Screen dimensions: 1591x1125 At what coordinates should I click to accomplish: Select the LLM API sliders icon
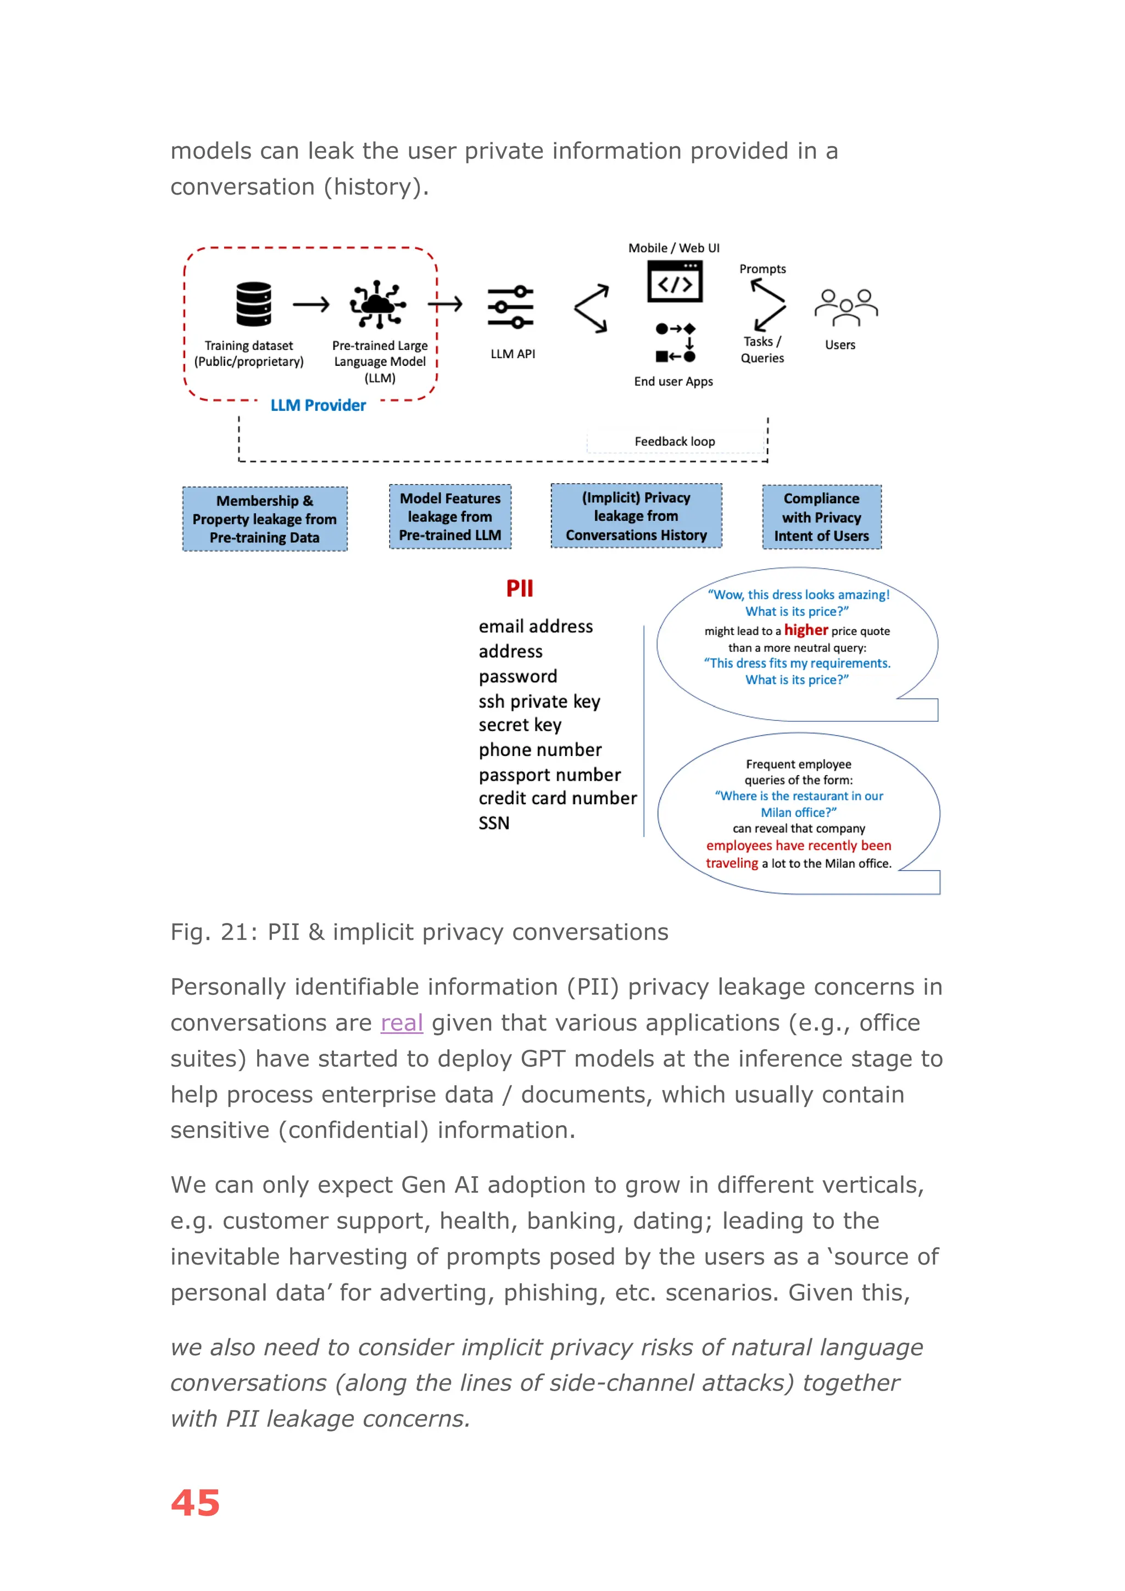point(510,307)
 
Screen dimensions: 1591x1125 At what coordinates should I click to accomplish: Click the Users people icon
point(846,308)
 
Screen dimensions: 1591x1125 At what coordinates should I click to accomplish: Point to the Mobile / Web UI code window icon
point(675,281)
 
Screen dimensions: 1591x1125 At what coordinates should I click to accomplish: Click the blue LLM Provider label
point(318,405)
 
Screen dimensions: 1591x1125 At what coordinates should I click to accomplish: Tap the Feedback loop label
point(675,441)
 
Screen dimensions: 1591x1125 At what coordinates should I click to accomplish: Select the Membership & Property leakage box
point(265,519)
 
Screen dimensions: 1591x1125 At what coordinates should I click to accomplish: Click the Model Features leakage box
point(450,517)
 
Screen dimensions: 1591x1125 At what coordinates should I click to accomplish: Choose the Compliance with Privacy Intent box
point(822,517)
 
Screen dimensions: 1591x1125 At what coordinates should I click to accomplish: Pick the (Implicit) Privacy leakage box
point(636,516)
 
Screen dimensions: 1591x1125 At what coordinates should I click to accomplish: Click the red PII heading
point(520,588)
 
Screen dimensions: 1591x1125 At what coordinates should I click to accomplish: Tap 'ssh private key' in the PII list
point(539,701)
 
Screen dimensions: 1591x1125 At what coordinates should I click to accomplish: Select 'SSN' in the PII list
point(494,823)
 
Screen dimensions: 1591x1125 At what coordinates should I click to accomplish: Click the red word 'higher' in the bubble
point(806,630)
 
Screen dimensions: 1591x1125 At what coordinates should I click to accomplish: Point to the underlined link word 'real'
point(402,1023)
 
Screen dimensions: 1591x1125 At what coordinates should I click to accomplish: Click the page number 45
point(196,1503)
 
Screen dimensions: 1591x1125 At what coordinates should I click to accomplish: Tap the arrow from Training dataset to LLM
point(311,304)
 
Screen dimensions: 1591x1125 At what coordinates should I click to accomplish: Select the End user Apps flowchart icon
point(676,342)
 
